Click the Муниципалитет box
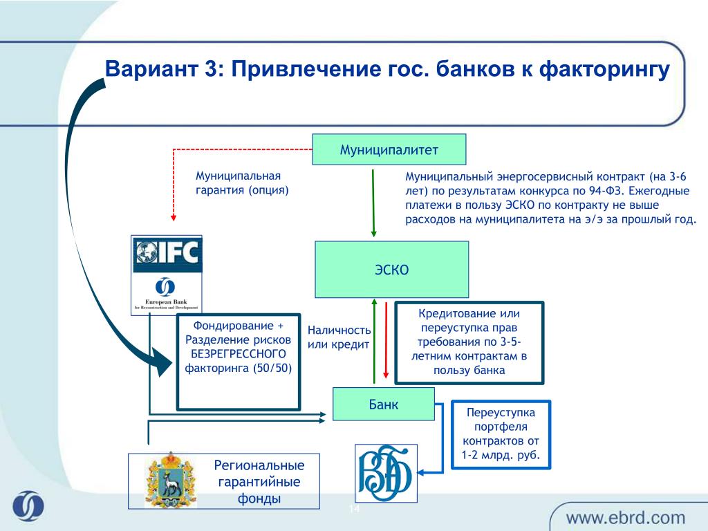(x=389, y=149)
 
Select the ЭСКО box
(x=391, y=269)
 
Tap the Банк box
(x=383, y=404)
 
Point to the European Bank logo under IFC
(x=166, y=293)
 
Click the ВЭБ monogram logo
(x=386, y=473)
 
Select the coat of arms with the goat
(x=171, y=481)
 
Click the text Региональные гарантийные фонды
(x=259, y=482)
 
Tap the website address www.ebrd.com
(x=625, y=517)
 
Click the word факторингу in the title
(x=604, y=70)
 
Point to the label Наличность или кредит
(x=339, y=337)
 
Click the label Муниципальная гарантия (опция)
(x=242, y=183)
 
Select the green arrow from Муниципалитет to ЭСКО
(x=373, y=203)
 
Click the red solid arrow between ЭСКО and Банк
(x=386, y=340)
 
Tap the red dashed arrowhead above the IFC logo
(x=174, y=218)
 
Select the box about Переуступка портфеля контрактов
(x=501, y=434)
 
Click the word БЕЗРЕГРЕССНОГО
(x=239, y=353)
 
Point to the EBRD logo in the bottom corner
(x=28, y=505)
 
